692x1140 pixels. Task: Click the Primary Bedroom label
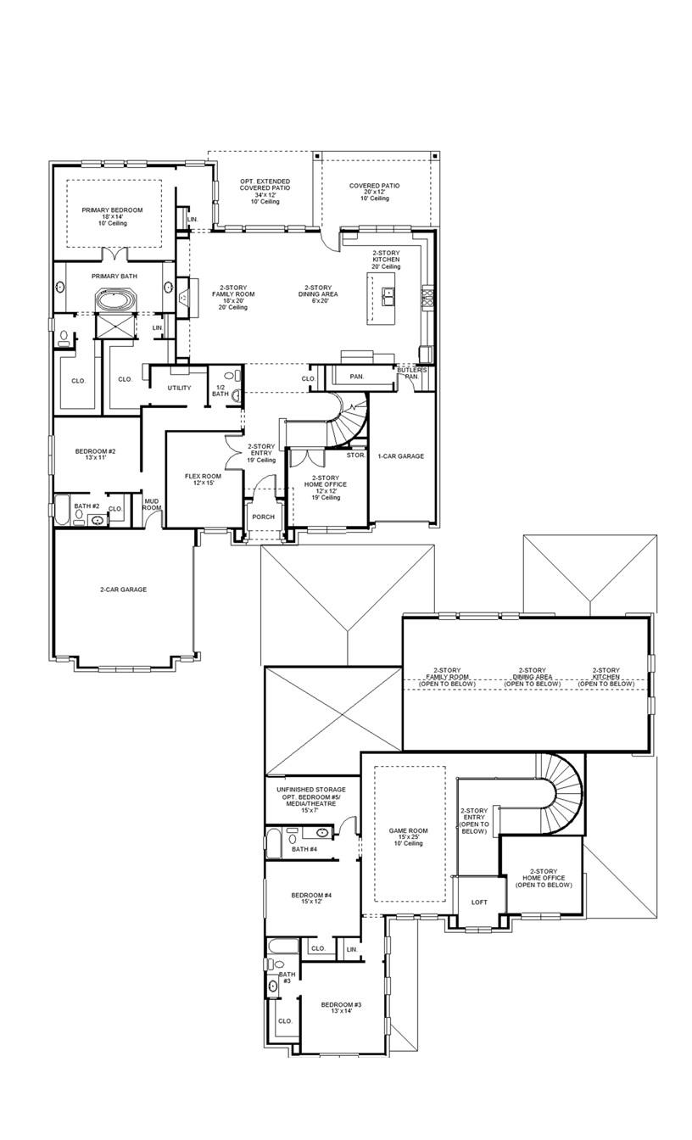[112, 210]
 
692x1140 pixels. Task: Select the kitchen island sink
[389, 296]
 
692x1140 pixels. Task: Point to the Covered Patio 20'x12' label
[374, 186]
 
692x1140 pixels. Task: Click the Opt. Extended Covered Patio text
[265, 187]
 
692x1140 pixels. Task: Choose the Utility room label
[179, 388]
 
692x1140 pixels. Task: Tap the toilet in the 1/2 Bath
[235, 394]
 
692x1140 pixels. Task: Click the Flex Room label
[203, 477]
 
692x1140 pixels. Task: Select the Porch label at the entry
[263, 517]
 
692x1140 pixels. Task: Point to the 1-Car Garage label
[400, 456]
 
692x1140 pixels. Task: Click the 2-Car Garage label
[123, 589]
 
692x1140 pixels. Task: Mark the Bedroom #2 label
[95, 451]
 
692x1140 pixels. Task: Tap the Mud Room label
[152, 504]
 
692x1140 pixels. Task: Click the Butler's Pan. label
[412, 373]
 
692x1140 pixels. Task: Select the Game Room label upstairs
[409, 831]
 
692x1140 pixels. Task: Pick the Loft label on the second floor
[479, 902]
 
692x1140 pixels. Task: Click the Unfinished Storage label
[310, 790]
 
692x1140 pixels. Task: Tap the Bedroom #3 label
[341, 1005]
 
